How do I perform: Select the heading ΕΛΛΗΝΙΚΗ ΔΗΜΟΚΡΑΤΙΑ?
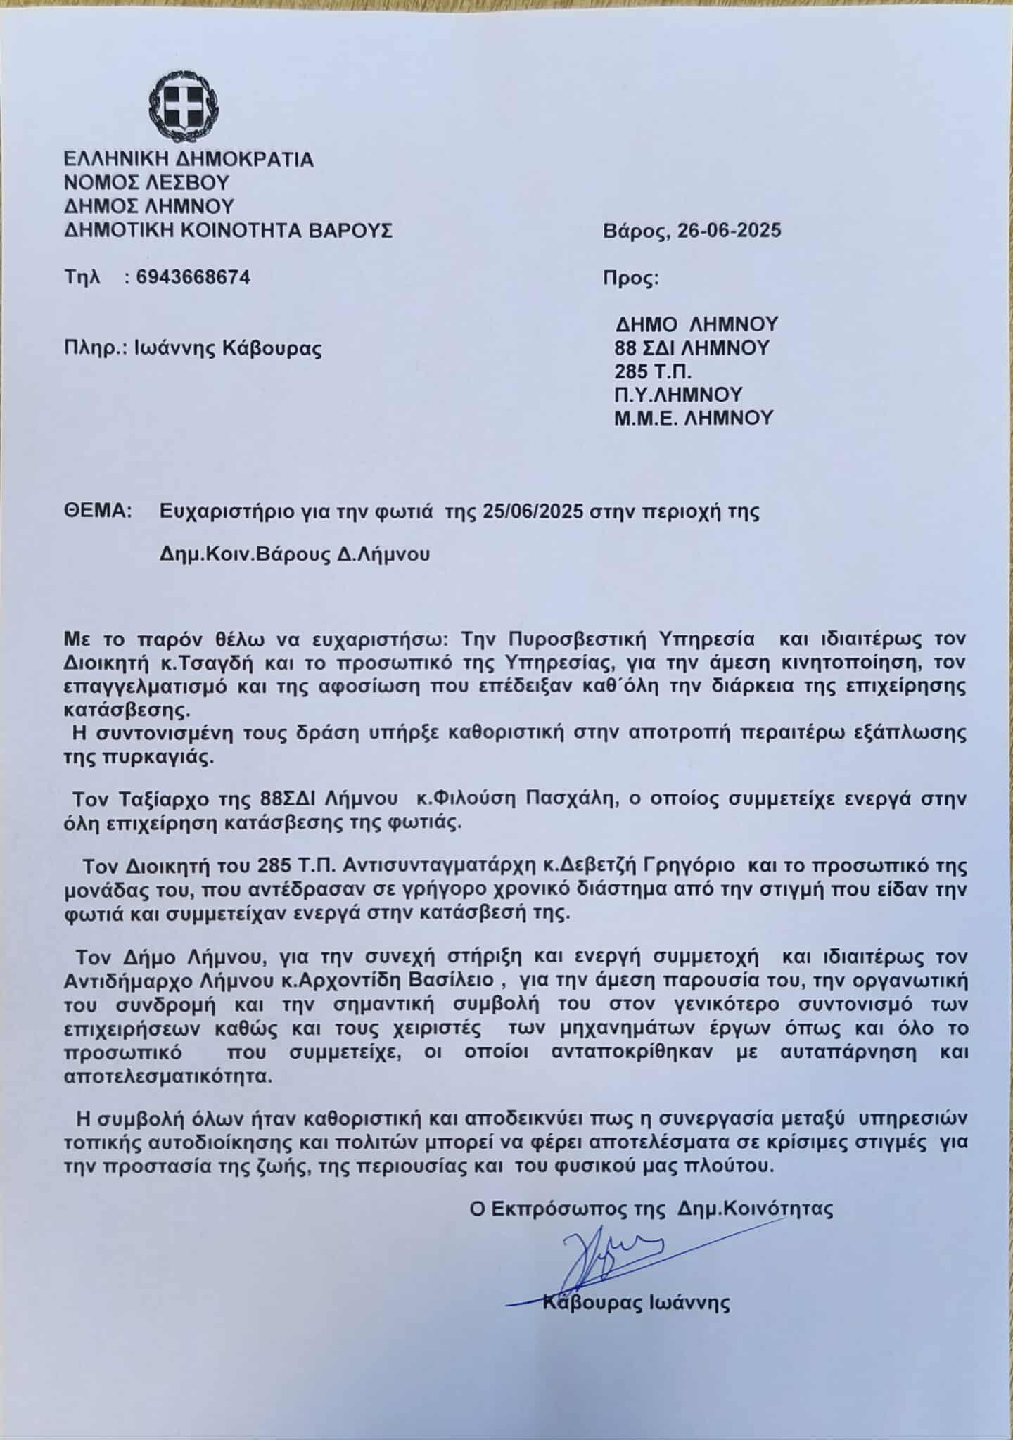click(189, 159)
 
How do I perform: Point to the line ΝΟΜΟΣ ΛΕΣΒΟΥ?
click(147, 183)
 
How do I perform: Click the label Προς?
click(630, 279)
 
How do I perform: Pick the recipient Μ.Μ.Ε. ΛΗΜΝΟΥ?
click(694, 418)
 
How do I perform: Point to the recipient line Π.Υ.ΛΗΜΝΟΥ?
click(678, 394)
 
